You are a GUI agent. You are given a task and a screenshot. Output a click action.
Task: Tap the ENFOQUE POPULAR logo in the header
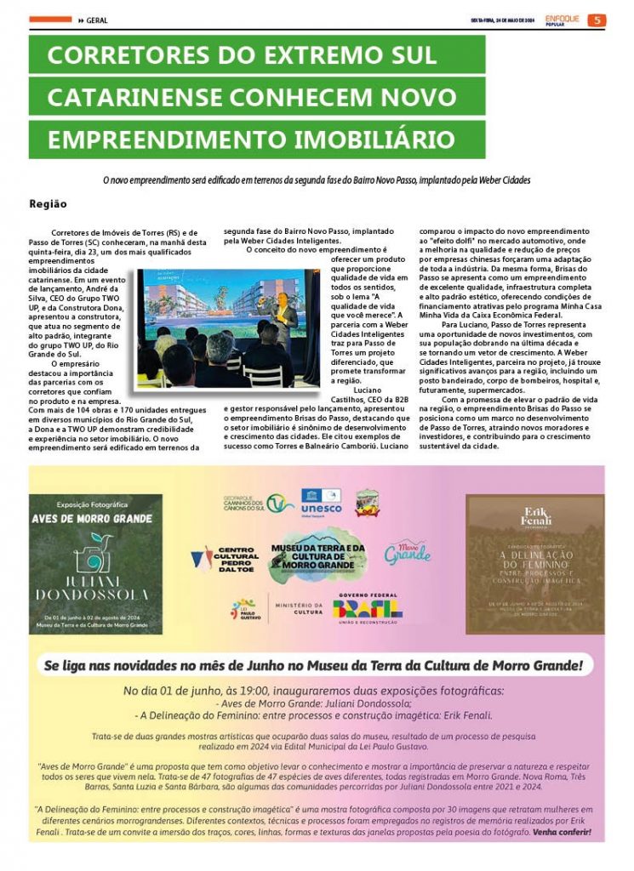point(562,20)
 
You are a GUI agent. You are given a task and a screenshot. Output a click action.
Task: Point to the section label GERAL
point(96,20)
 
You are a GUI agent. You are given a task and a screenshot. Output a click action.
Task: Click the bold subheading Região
point(48,204)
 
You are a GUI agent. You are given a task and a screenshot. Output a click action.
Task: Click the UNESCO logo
point(322,503)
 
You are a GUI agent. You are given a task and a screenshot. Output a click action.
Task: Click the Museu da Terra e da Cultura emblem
point(317,554)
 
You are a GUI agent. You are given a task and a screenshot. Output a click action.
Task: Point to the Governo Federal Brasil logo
point(368,605)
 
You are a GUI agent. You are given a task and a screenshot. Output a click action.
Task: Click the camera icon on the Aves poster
point(94,551)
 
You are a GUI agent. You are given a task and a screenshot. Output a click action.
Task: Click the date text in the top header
point(504,20)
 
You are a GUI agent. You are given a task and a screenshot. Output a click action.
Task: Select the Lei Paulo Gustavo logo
point(246,607)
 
